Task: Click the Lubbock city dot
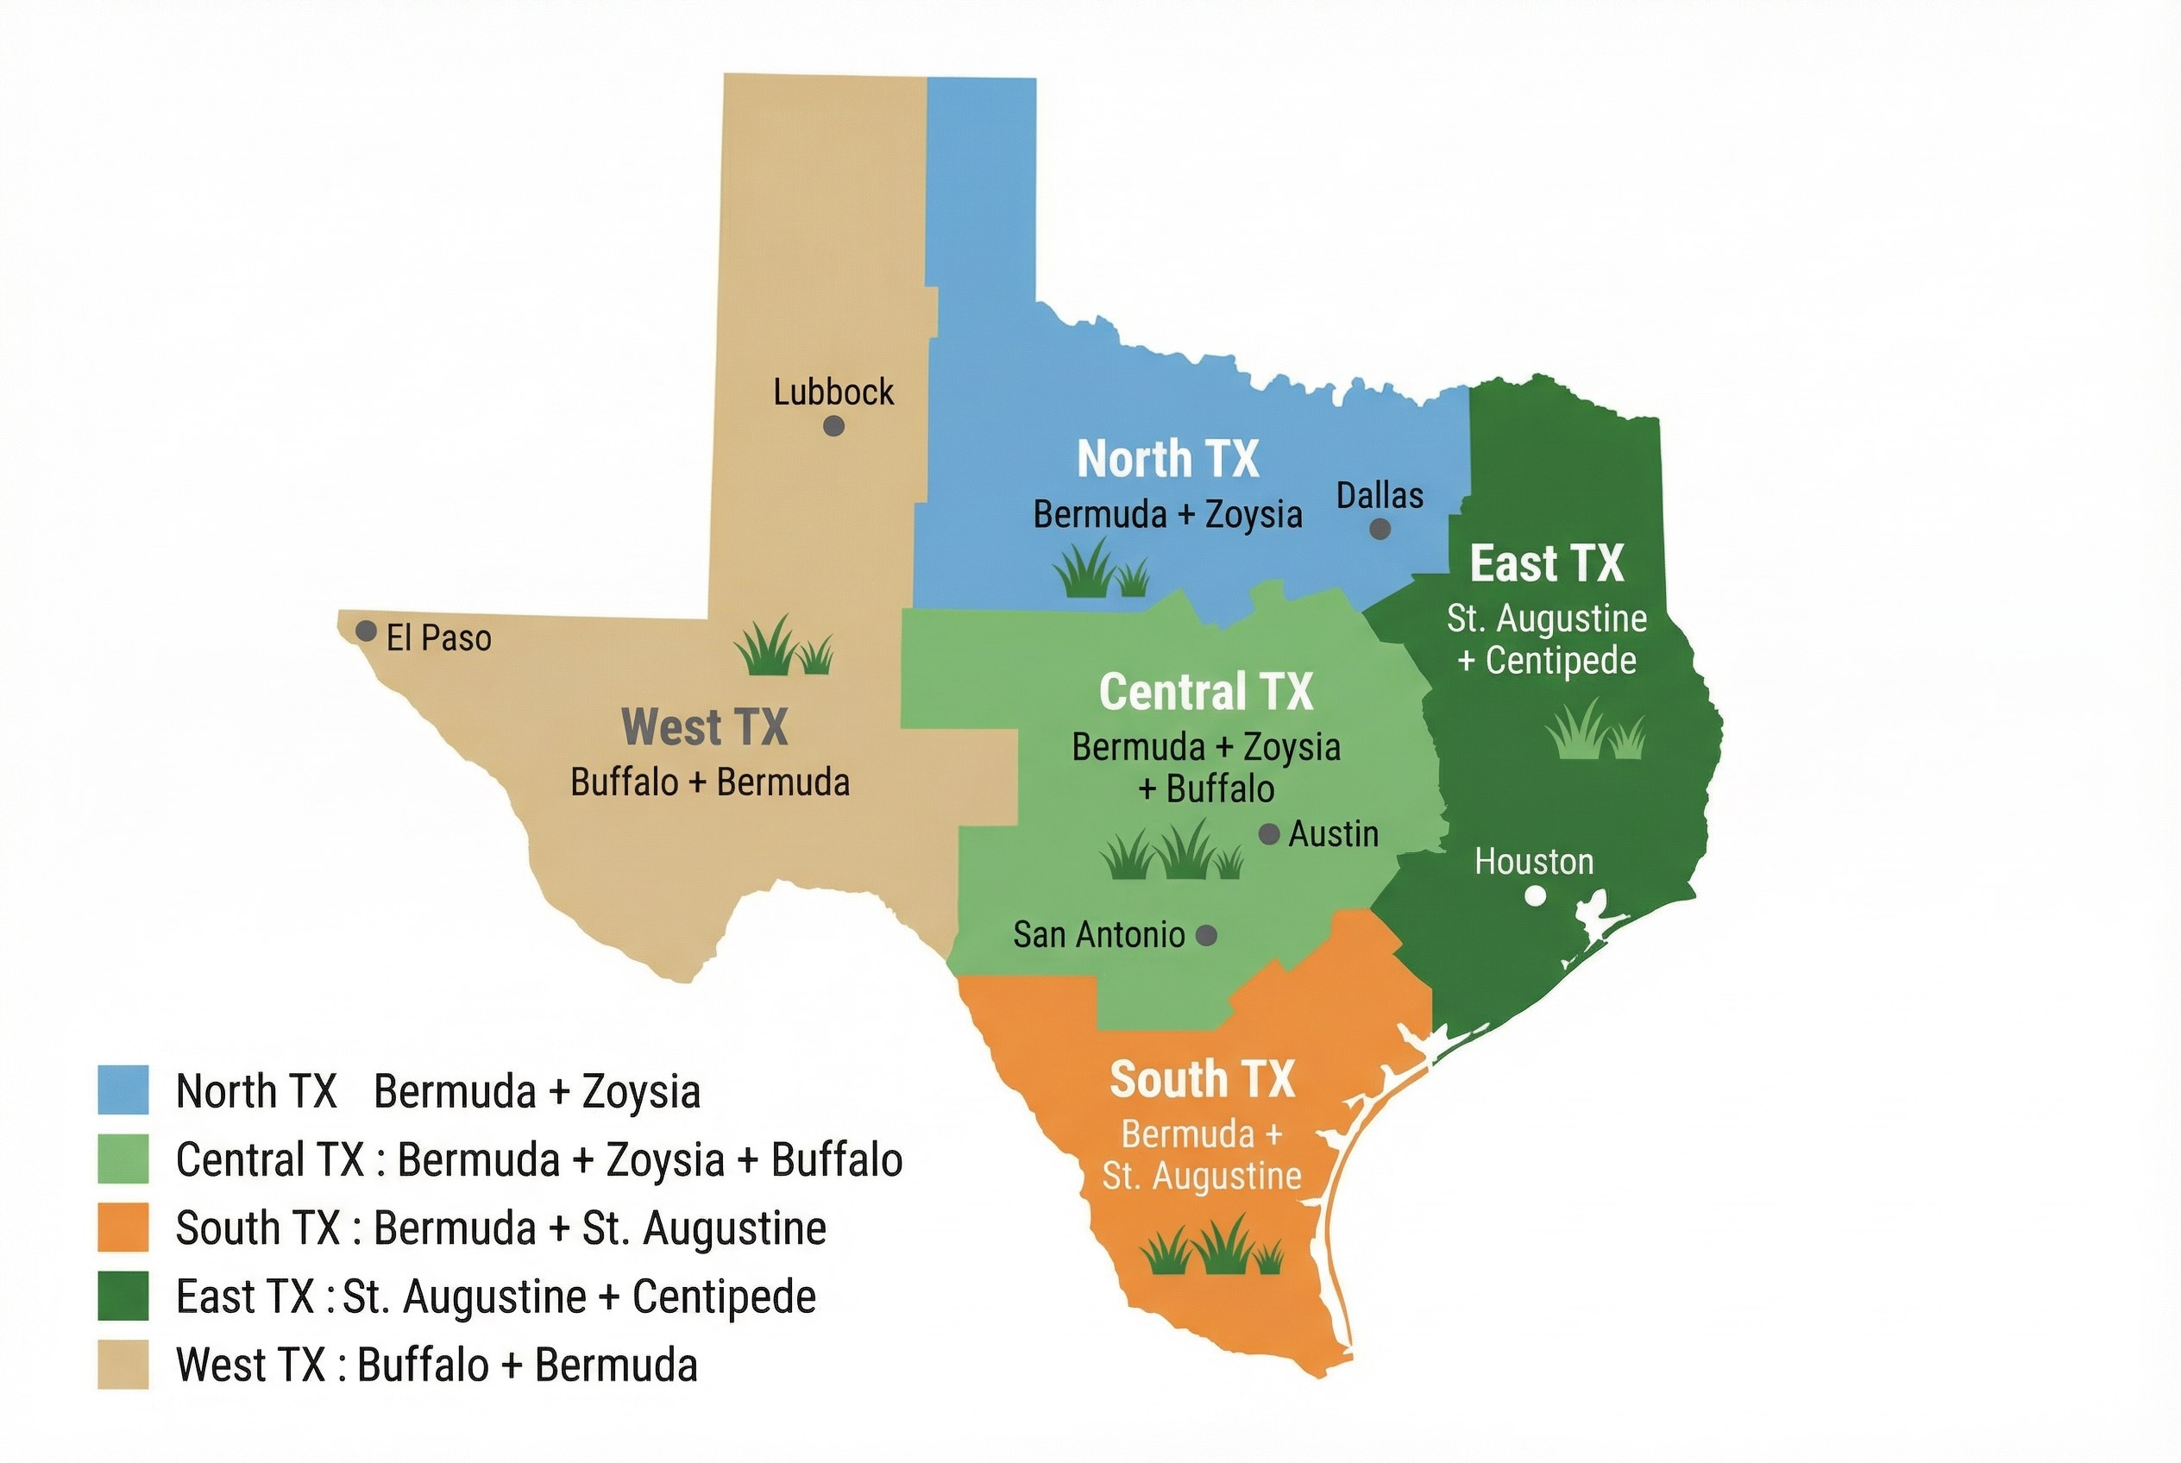(x=833, y=426)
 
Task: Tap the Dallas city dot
(x=1380, y=529)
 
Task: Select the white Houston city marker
(x=1534, y=895)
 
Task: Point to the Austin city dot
(x=1269, y=834)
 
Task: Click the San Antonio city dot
(x=1206, y=935)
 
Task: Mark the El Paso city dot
(x=366, y=631)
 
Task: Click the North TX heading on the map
(x=1167, y=459)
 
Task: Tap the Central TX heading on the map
(x=1206, y=691)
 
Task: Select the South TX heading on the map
(x=1202, y=1079)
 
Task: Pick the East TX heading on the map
(x=1546, y=563)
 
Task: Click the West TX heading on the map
(x=705, y=727)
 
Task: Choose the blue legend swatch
(x=123, y=1089)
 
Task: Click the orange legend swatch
(x=123, y=1227)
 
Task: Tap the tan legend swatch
(x=123, y=1364)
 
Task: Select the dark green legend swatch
(x=123, y=1296)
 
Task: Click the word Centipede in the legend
(x=723, y=1297)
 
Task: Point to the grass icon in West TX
(x=782, y=645)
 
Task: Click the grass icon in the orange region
(x=1211, y=1246)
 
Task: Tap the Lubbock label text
(x=833, y=392)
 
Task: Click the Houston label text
(x=1533, y=861)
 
